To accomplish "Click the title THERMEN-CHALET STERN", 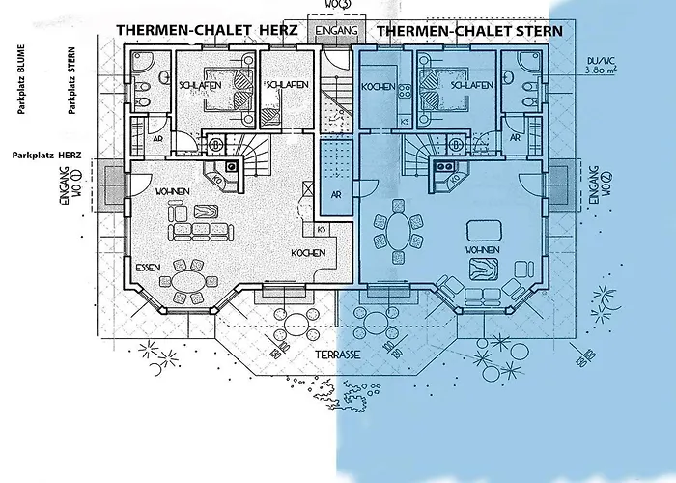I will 469,30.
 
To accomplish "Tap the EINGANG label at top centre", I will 338,31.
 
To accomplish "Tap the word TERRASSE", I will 337,355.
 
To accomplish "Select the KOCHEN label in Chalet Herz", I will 308,253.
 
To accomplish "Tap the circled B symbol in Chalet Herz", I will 217,146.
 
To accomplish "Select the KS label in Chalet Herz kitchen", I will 321,228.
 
